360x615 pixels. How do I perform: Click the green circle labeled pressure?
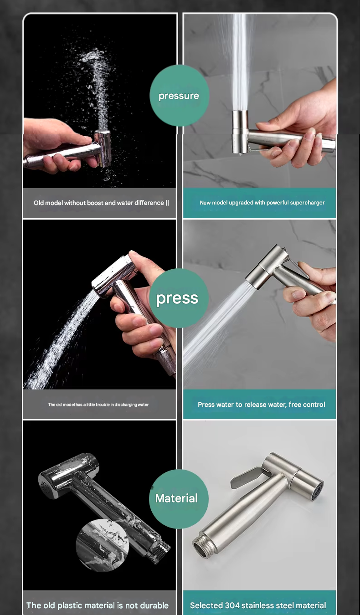pos(179,96)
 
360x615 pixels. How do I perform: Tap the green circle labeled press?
pos(179,298)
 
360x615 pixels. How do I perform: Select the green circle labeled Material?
pos(179,498)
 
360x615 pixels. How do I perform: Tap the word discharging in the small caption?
pos(126,405)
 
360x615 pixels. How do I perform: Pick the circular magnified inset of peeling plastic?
pos(103,545)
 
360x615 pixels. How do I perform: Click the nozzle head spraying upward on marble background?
pos(240,132)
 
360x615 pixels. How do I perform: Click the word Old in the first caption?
pos(38,203)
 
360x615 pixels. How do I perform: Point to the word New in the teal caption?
pos(205,203)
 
